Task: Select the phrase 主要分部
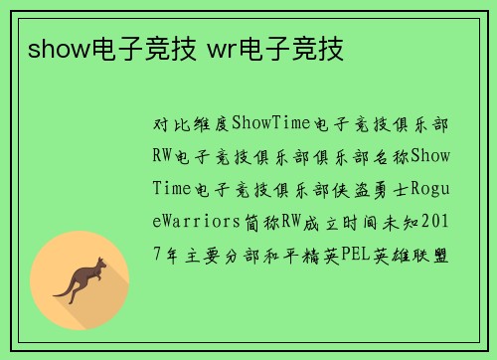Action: (x=221, y=255)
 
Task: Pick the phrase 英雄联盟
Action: (x=412, y=255)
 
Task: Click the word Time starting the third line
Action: (x=172, y=189)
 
